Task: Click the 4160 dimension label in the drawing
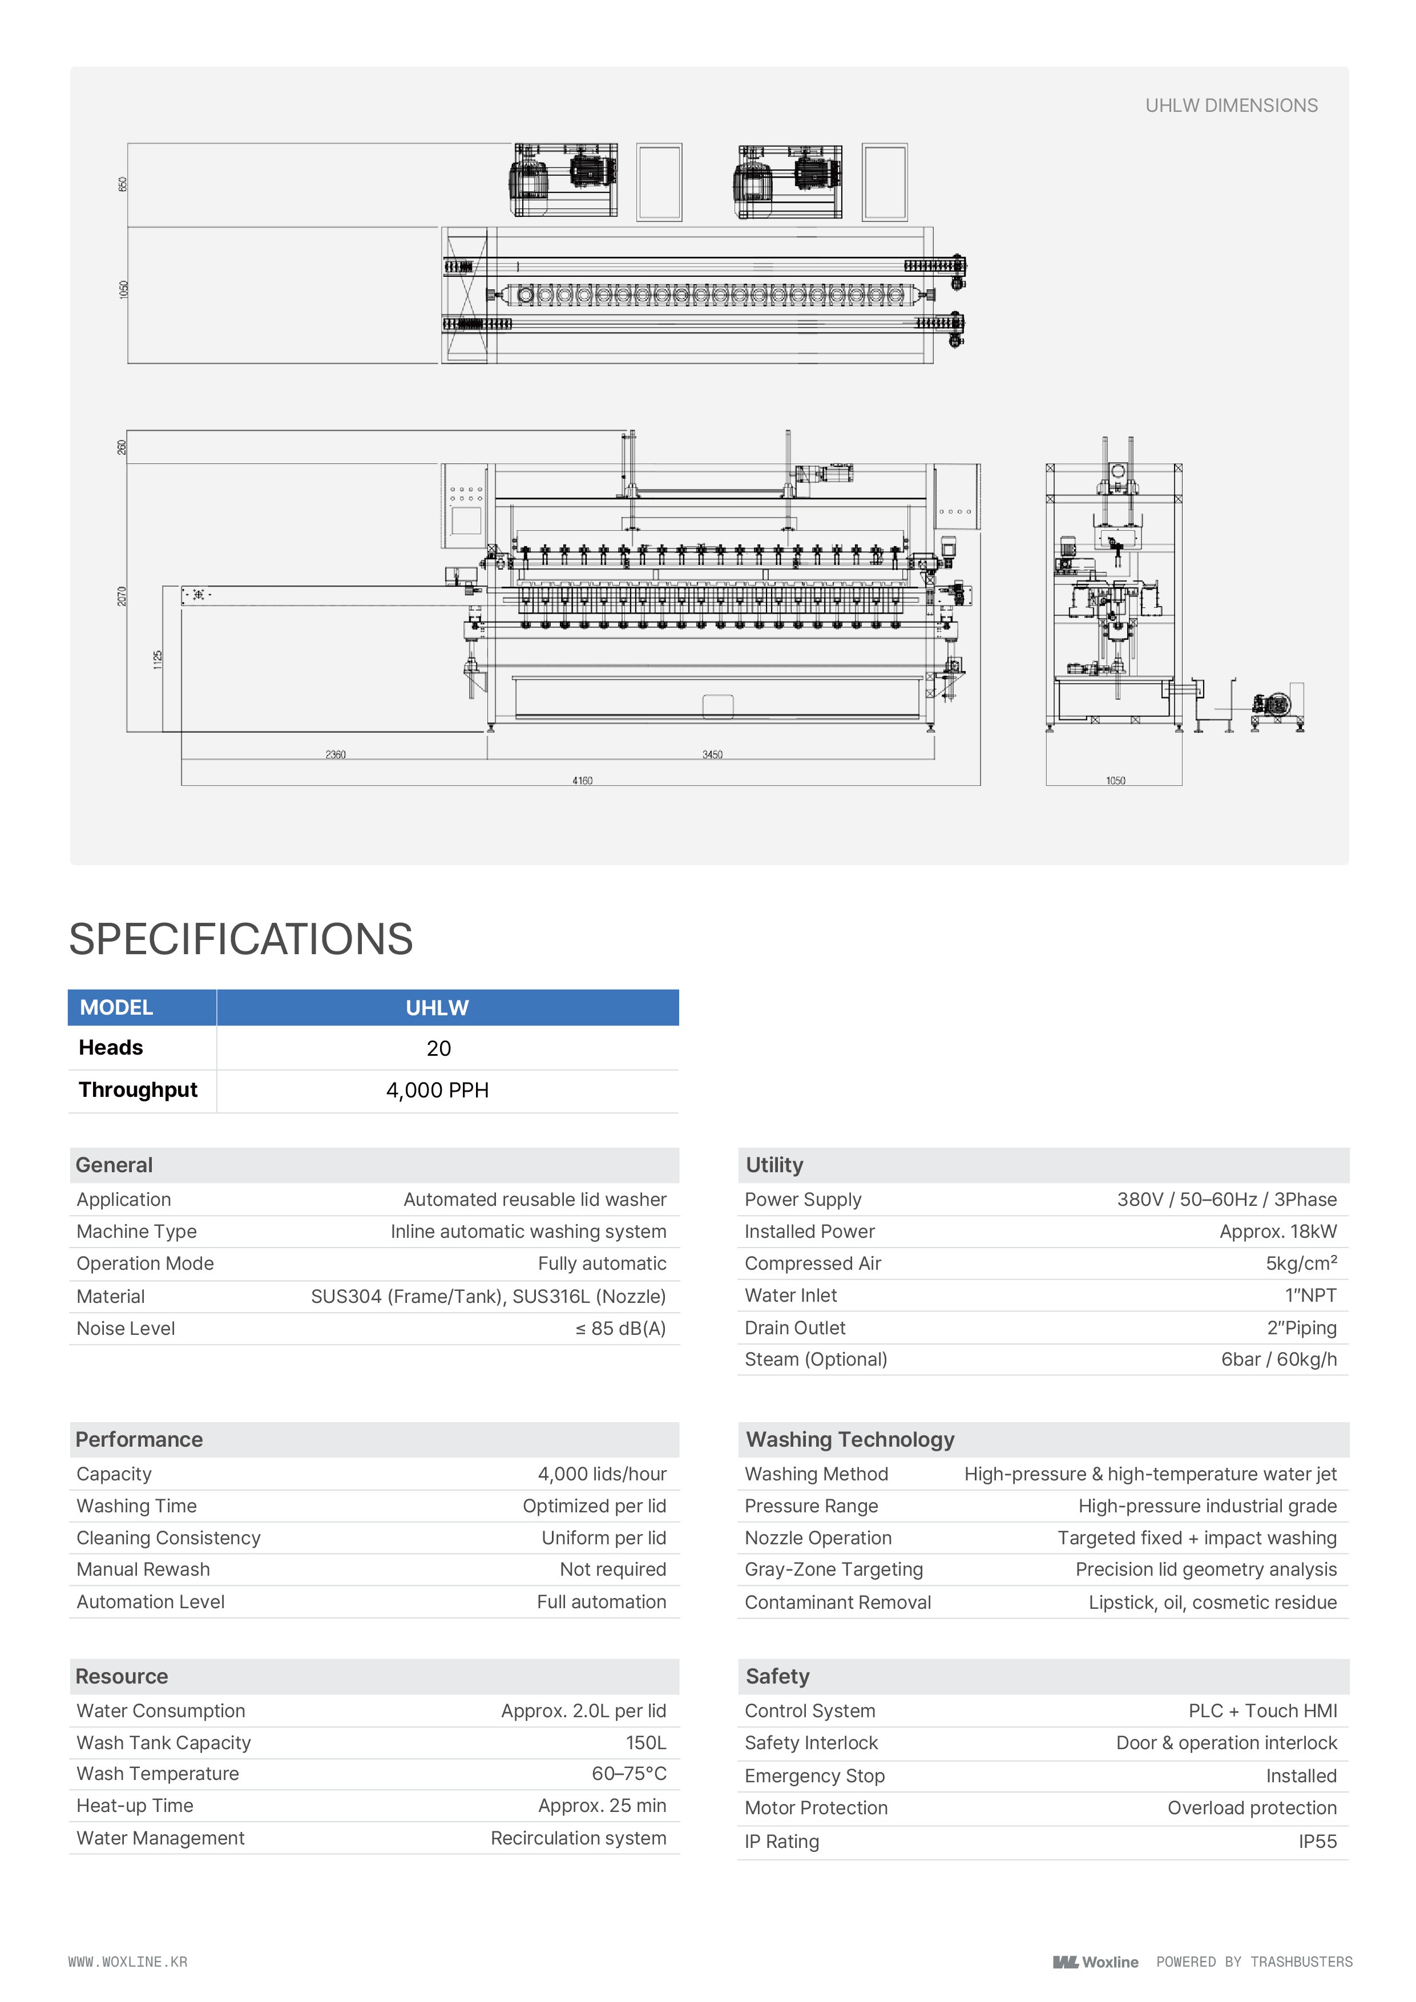pyautogui.click(x=583, y=780)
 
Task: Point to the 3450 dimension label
pyautogui.click(x=712, y=754)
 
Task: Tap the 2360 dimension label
pyautogui.click(x=336, y=754)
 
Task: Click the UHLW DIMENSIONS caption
pyautogui.click(x=1231, y=106)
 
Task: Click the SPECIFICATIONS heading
pyautogui.click(x=241, y=939)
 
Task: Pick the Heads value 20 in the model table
pyautogui.click(x=438, y=1048)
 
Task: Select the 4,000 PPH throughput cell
pyautogui.click(x=438, y=1090)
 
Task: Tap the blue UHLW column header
pyautogui.click(x=438, y=1008)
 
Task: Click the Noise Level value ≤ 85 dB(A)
pyautogui.click(x=620, y=1328)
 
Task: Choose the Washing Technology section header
pyautogui.click(x=850, y=1440)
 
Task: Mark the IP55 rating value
pyautogui.click(x=1317, y=1842)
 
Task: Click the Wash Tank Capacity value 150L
pyautogui.click(x=646, y=1742)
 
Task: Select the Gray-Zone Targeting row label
pyautogui.click(x=833, y=1569)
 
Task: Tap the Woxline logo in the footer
pyautogui.click(x=1095, y=1962)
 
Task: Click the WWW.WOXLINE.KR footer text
pyautogui.click(x=128, y=1962)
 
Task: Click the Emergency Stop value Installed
pyautogui.click(x=1301, y=1775)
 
